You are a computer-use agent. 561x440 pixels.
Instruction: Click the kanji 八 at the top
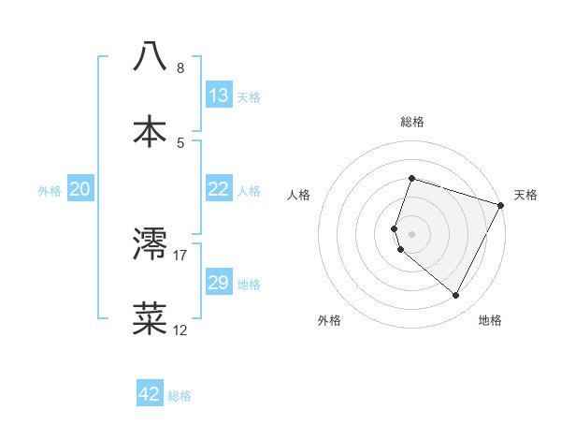pos(151,56)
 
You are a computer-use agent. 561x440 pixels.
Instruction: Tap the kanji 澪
pos(151,243)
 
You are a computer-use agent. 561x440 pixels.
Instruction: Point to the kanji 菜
pos(151,317)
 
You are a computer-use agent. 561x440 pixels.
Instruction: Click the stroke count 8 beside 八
pos(180,68)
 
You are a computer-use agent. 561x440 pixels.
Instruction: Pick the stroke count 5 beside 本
pos(180,142)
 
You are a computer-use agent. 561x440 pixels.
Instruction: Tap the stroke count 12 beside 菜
pos(180,330)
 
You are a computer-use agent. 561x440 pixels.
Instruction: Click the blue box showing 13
pos(218,95)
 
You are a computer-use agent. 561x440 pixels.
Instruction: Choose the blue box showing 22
pos(218,189)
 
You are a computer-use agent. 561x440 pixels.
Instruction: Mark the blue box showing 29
pos(218,283)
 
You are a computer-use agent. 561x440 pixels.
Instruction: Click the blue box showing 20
pos(80,189)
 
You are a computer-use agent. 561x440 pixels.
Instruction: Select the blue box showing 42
pos(150,394)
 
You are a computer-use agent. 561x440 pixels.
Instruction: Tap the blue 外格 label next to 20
pos(50,191)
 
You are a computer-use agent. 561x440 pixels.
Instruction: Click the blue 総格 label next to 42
pos(180,396)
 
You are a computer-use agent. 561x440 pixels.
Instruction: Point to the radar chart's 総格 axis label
pos(412,122)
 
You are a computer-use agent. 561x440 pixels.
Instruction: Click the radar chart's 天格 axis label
pos(525,195)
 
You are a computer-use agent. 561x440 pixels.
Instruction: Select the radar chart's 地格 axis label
pos(490,320)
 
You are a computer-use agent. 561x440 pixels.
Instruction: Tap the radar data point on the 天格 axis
pos(501,205)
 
